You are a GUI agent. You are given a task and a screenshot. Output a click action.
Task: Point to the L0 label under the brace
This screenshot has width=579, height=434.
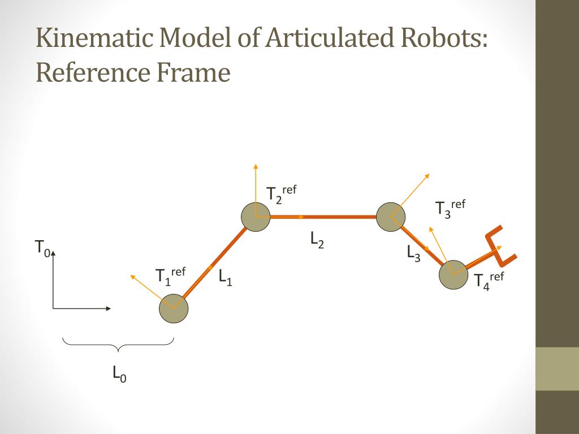click(119, 374)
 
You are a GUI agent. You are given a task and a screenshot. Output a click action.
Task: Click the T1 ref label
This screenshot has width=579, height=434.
click(170, 276)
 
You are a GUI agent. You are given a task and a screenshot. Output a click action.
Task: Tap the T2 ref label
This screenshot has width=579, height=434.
click(282, 194)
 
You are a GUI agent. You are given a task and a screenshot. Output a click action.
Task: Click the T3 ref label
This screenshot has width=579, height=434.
click(450, 208)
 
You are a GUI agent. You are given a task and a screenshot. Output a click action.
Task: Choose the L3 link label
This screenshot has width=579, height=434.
click(413, 253)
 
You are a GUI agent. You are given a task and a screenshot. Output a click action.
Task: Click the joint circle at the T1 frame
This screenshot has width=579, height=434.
click(174, 309)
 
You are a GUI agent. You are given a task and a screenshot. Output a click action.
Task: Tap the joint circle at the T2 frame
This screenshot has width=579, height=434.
click(256, 217)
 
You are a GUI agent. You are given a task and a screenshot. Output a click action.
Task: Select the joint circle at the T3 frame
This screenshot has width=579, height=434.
click(391, 216)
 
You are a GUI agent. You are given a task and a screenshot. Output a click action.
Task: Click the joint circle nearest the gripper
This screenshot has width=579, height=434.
click(454, 275)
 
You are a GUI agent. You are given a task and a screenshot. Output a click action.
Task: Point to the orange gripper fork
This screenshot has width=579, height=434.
click(500, 246)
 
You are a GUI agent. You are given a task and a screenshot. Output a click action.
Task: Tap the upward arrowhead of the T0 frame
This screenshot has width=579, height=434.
click(53, 254)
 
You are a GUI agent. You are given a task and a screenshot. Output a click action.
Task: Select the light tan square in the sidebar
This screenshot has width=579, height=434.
click(557, 368)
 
